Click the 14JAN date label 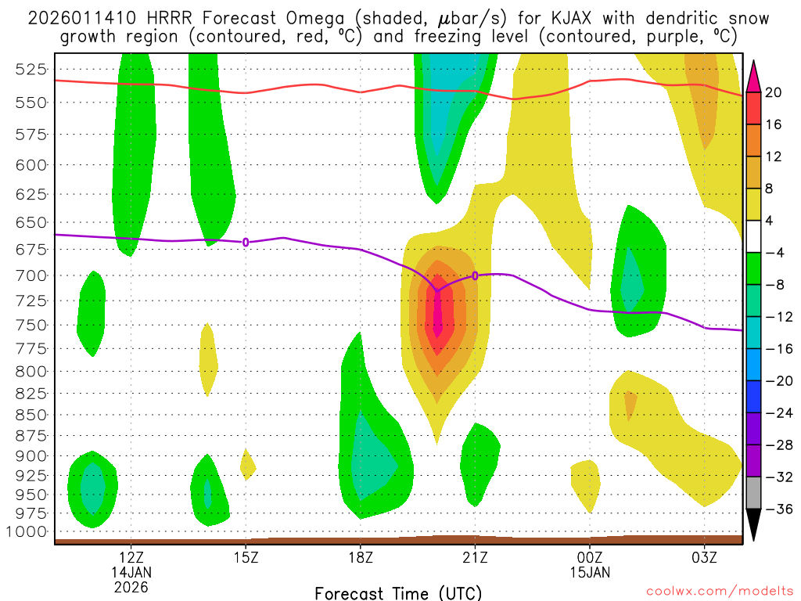pyautogui.click(x=131, y=571)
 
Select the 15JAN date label pyautogui.click(x=590, y=571)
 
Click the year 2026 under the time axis pyautogui.click(x=131, y=585)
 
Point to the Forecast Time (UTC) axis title pyautogui.click(x=398, y=592)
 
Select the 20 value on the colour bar pyautogui.click(x=774, y=93)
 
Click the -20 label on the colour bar pyautogui.click(x=774, y=381)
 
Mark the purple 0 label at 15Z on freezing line pyautogui.click(x=246, y=243)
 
